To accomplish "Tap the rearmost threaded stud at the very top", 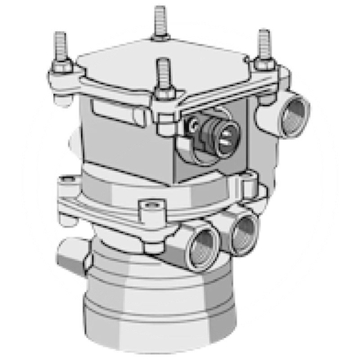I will pyautogui.click(x=160, y=20).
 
